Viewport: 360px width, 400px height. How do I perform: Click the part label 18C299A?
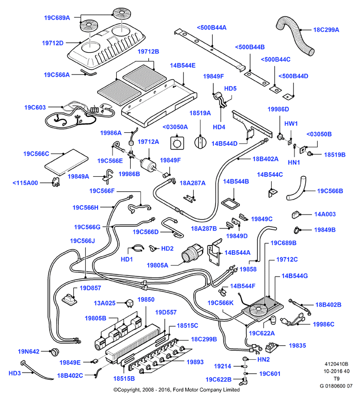326,30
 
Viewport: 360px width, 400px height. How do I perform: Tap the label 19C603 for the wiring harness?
35,107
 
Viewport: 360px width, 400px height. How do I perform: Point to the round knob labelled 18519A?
200,142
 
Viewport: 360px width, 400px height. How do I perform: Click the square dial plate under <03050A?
177,143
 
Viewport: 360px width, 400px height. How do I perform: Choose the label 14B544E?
183,66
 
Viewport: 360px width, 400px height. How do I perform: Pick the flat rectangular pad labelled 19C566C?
67,162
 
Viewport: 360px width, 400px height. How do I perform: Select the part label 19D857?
90,288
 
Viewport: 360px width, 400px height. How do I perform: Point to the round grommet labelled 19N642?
54,351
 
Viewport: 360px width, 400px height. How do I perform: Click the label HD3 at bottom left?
14,373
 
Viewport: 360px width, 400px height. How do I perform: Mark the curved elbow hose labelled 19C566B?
296,188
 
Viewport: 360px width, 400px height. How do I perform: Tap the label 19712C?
287,259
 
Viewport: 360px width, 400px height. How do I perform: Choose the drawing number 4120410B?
336,364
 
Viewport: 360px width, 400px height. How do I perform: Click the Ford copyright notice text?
177,390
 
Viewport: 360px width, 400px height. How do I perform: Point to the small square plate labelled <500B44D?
288,97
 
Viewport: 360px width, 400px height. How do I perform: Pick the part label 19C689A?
57,18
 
